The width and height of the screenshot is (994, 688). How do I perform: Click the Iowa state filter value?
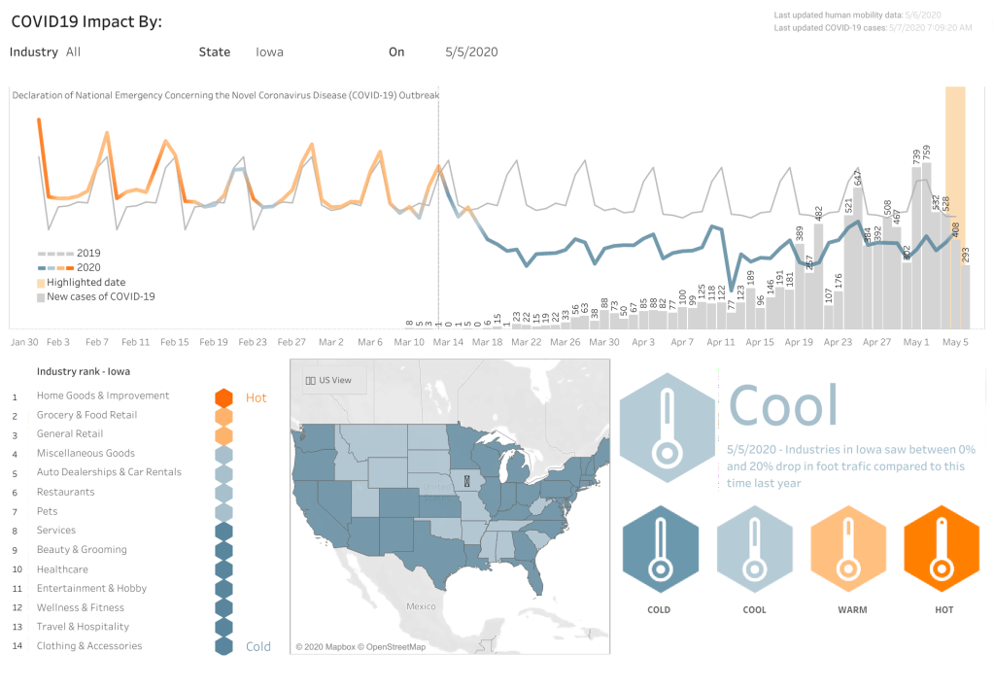point(269,52)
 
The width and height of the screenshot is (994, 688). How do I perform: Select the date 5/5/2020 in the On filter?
point(471,52)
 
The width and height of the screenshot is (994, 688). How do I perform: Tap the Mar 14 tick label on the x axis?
point(448,342)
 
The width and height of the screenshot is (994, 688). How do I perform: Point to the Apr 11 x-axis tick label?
point(721,342)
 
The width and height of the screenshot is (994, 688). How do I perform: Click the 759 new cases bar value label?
point(927,153)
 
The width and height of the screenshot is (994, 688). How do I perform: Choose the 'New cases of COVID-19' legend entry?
point(100,296)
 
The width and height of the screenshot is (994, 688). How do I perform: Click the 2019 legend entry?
point(87,253)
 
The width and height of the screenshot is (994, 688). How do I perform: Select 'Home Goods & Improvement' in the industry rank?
point(103,396)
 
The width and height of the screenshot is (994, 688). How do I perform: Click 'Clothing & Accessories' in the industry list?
point(89,646)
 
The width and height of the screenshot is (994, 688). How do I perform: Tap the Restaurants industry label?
point(65,492)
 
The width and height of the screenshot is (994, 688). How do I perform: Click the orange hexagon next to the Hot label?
point(223,397)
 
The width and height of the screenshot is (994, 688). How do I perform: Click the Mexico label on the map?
point(421,605)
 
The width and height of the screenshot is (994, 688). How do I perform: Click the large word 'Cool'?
point(782,405)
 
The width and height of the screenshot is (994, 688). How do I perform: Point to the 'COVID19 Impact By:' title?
point(86,21)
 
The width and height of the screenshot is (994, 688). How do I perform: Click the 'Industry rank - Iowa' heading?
point(84,371)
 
